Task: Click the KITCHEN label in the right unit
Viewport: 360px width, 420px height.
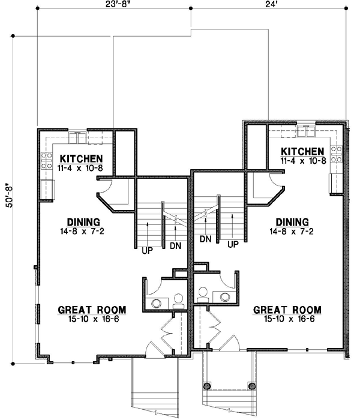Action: (302, 151)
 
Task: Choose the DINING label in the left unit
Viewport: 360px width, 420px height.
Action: (79, 221)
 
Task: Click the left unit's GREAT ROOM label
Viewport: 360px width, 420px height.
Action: (88, 310)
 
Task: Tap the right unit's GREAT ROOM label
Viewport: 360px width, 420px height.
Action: (287, 310)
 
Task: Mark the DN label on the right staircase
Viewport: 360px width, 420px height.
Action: (205, 239)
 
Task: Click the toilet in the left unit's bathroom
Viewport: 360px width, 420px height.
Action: (178, 298)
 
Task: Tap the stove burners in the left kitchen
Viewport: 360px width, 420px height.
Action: (46, 160)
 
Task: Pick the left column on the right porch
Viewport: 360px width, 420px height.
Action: (208, 386)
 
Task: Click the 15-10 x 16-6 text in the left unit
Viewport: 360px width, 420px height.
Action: (88, 319)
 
